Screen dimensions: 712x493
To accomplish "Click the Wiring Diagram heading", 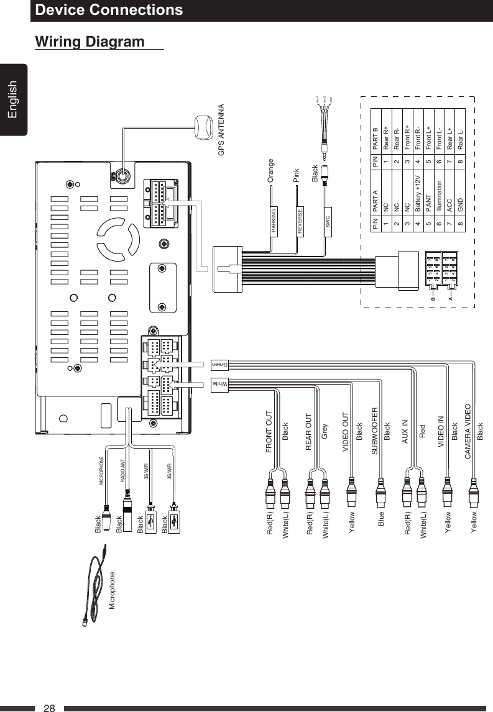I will (x=90, y=42).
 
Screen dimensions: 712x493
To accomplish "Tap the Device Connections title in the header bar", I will (x=109, y=10).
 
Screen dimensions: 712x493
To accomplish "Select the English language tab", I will (x=14, y=99).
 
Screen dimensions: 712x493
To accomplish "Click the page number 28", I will (x=50, y=708).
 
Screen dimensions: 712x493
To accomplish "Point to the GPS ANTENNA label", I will (x=222, y=132).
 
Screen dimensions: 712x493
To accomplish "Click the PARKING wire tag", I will (x=274, y=218).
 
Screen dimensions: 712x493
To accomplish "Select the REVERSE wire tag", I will (x=300, y=218).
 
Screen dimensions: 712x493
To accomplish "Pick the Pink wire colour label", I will (x=297, y=173).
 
